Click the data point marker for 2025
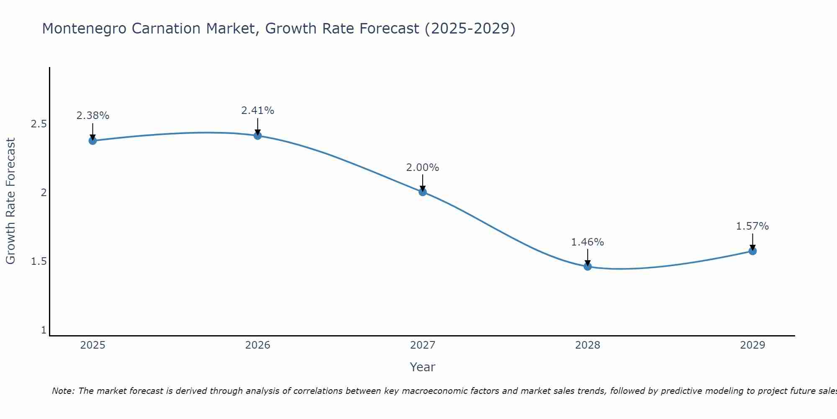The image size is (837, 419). tap(92, 140)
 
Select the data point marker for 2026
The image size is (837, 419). tap(257, 135)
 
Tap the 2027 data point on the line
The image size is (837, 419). tap(423, 192)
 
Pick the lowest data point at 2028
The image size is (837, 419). tap(588, 266)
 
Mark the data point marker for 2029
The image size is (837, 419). tap(752, 251)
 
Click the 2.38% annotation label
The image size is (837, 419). tap(92, 116)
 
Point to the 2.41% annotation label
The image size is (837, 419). tap(257, 111)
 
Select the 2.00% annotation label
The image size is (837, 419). tap(423, 168)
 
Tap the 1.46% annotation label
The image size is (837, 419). tap(588, 242)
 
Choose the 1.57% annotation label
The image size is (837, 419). tap(752, 226)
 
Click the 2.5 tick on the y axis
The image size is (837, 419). tap(39, 124)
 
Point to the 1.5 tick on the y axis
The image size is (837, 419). tap(39, 261)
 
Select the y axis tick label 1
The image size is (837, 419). tap(44, 330)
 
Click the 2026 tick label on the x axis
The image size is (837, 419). tap(257, 345)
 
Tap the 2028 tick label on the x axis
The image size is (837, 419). tap(588, 345)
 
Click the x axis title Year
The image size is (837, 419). tap(422, 367)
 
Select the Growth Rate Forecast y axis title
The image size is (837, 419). tap(10, 201)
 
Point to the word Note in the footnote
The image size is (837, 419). tap(63, 391)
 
